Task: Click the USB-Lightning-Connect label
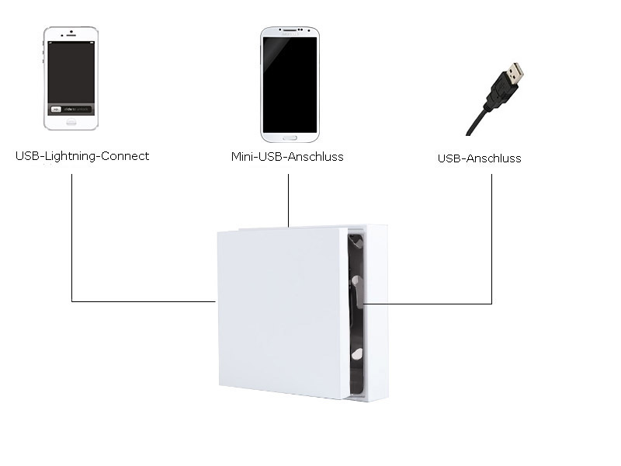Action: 82,156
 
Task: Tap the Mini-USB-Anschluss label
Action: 287,157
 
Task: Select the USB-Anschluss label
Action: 479,158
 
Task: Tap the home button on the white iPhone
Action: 71,122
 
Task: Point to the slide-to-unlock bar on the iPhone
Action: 71,108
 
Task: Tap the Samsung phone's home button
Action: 289,137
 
